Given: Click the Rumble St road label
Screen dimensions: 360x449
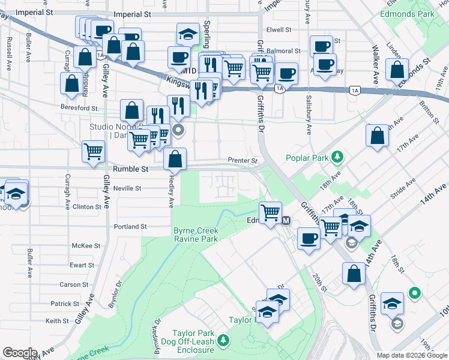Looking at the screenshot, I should coord(128,169).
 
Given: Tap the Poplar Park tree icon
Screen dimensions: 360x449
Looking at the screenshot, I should coord(339,157).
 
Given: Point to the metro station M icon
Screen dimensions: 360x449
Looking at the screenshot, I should coord(286,220).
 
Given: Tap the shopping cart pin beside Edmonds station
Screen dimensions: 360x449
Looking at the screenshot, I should coord(270,212).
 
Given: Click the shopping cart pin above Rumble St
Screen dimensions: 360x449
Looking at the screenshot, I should coord(93,151).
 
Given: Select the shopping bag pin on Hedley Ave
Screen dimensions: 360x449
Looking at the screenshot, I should coord(175,159).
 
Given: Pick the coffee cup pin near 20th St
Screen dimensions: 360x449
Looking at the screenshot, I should coord(309,238).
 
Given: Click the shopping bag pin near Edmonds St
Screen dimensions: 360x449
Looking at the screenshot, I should coord(397,69).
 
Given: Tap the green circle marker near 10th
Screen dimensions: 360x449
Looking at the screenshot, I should coord(414,293).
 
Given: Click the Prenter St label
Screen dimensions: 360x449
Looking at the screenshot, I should coord(243,161).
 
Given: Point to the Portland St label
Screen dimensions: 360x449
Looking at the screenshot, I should coord(130,227).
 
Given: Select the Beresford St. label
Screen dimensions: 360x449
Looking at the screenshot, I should coord(79,108).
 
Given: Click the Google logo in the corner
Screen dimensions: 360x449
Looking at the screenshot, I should coord(20,353).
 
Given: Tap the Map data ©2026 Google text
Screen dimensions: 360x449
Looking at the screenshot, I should coord(411,355).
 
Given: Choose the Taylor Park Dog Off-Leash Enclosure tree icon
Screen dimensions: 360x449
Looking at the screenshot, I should coord(223,341).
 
